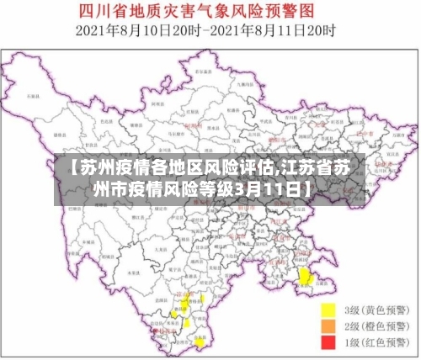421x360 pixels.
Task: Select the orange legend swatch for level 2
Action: click(x=329, y=326)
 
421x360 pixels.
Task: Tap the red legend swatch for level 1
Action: click(x=329, y=342)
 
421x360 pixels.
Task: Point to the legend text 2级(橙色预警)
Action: click(x=374, y=326)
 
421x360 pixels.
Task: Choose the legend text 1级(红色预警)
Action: click(x=374, y=342)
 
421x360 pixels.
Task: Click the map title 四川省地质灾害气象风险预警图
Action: click(x=210, y=12)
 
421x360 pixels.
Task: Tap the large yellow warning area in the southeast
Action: click(x=306, y=276)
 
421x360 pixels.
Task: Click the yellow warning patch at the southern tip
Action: click(x=199, y=342)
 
